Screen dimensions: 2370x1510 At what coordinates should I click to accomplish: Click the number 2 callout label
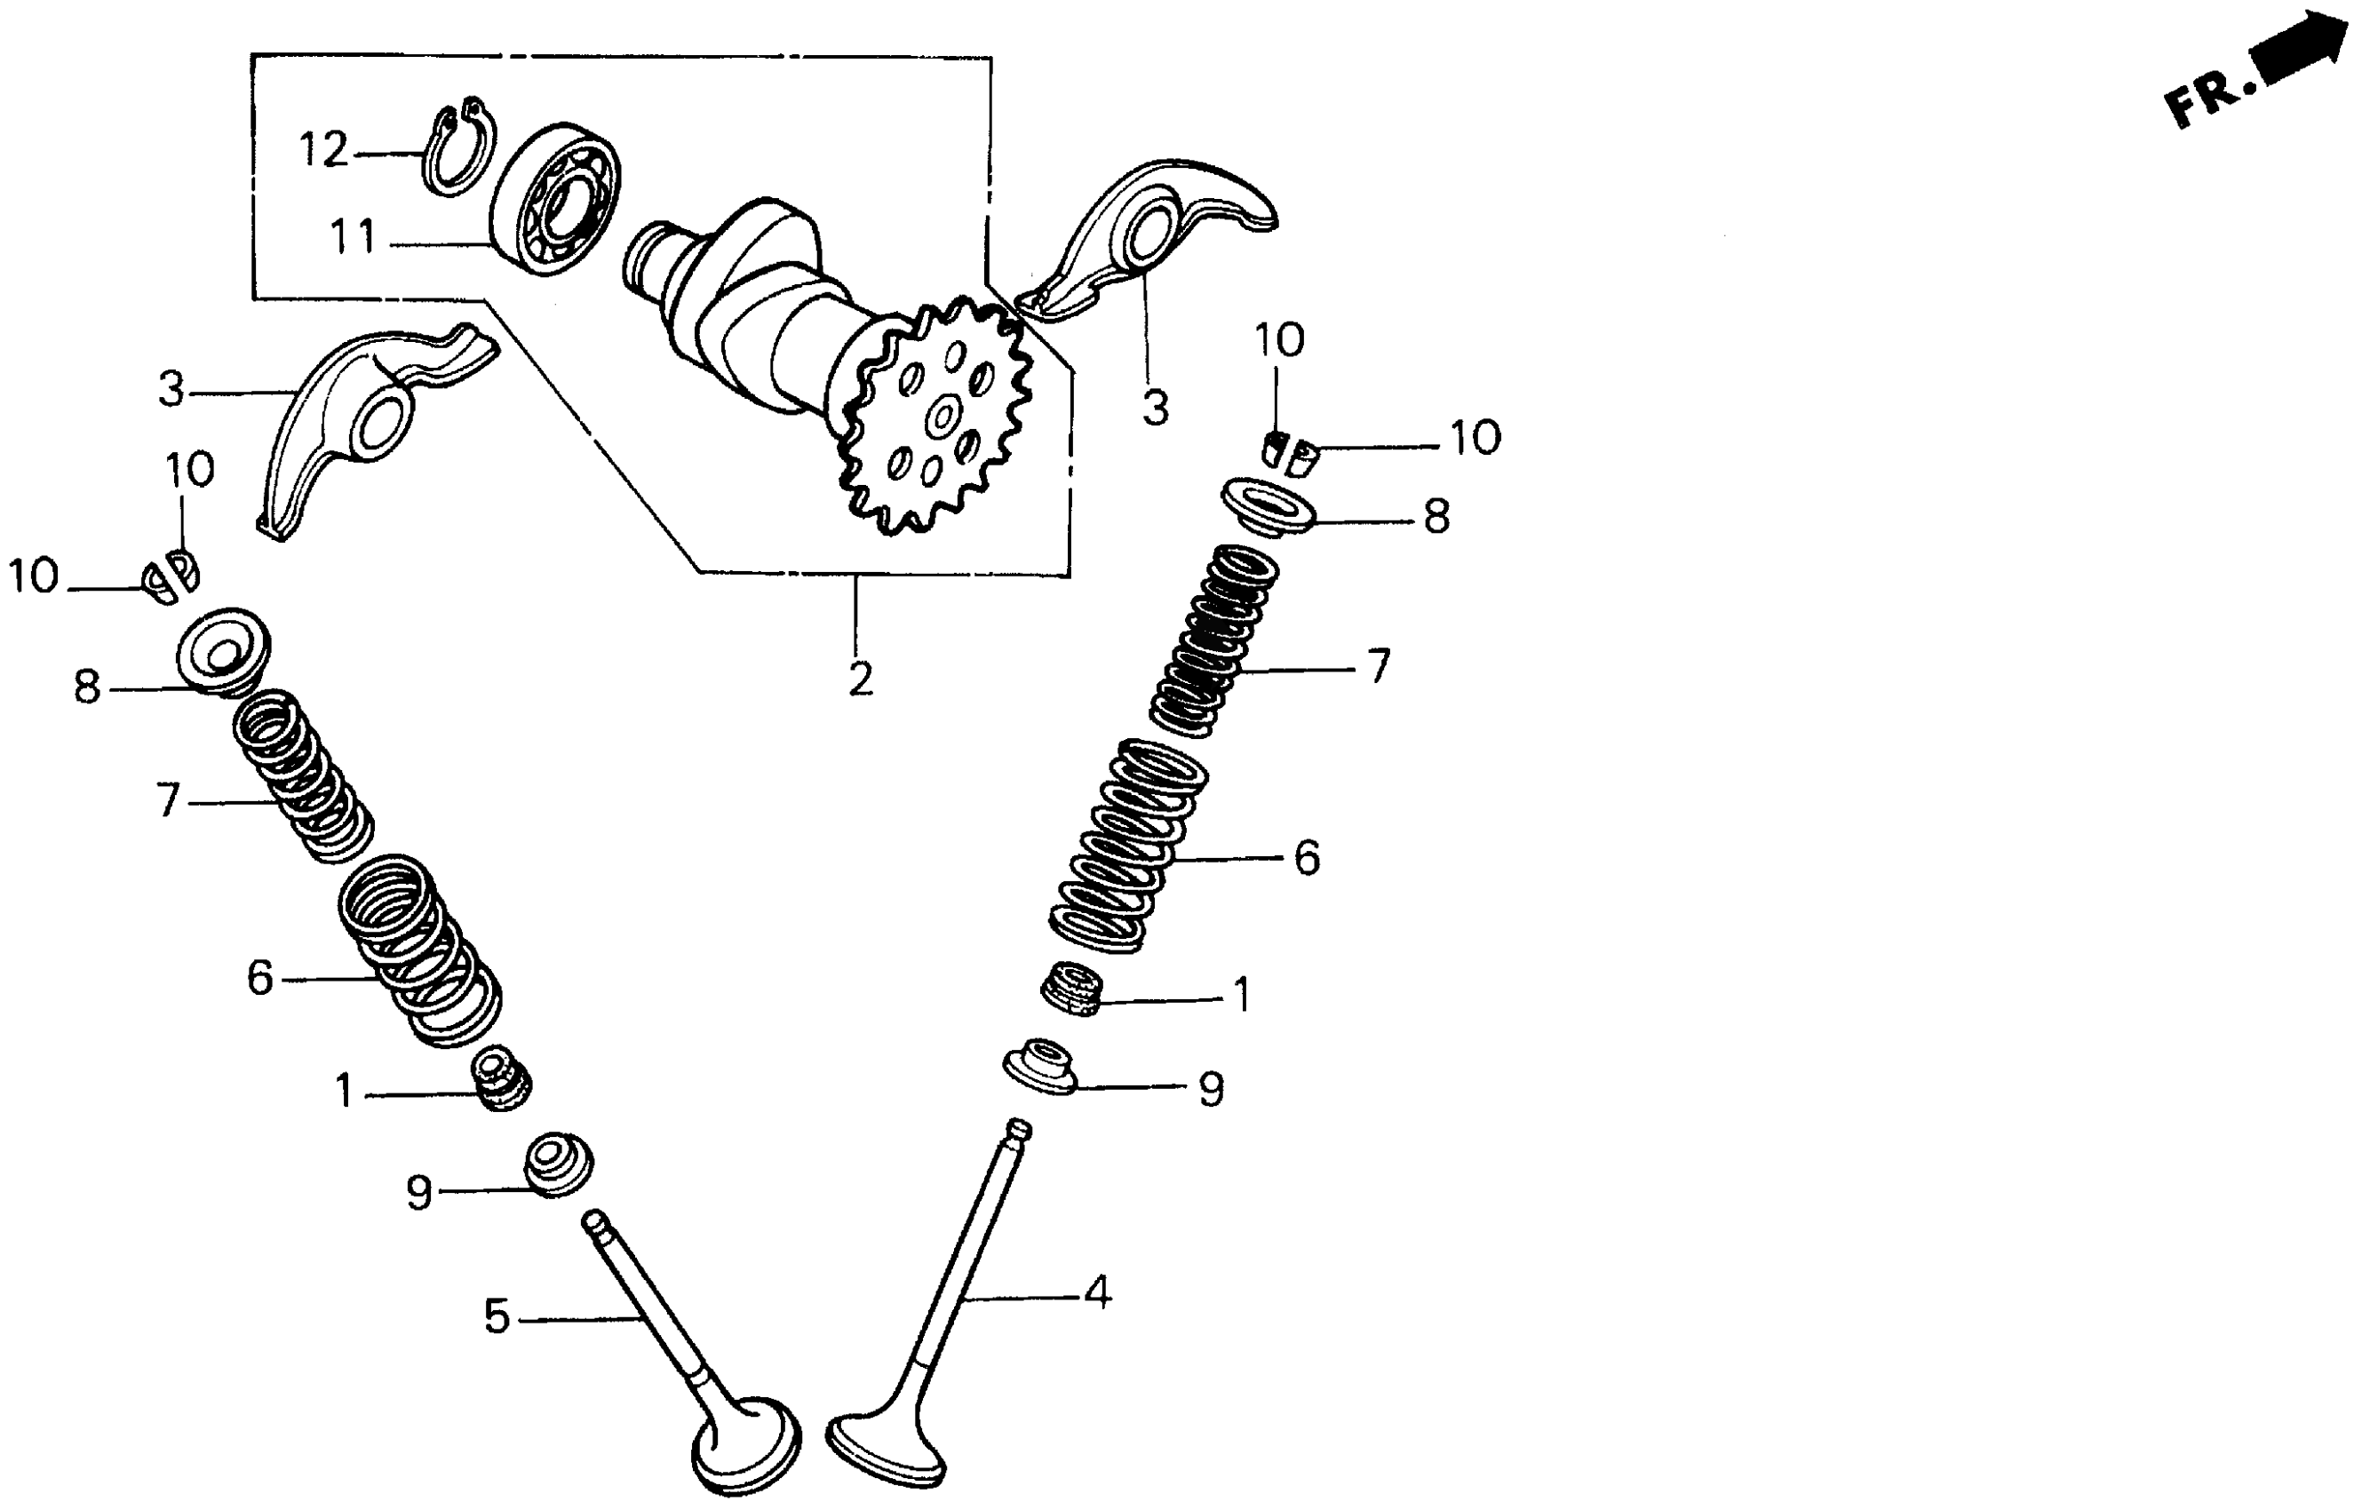pyautogui.click(x=859, y=679)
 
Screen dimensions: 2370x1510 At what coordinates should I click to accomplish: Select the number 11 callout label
pyautogui.click(x=353, y=237)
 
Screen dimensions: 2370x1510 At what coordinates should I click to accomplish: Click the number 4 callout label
pyautogui.click(x=1097, y=1292)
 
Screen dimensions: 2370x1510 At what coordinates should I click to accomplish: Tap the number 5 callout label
pyautogui.click(x=497, y=1317)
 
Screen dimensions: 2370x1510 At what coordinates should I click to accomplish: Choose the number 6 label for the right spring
pyautogui.click(x=1306, y=858)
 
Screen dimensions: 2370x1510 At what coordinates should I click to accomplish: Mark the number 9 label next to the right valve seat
pyautogui.click(x=1211, y=1090)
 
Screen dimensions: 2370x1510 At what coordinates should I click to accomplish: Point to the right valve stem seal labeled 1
pyautogui.click(x=1073, y=989)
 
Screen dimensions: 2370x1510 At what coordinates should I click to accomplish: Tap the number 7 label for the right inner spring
pyautogui.click(x=1379, y=667)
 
